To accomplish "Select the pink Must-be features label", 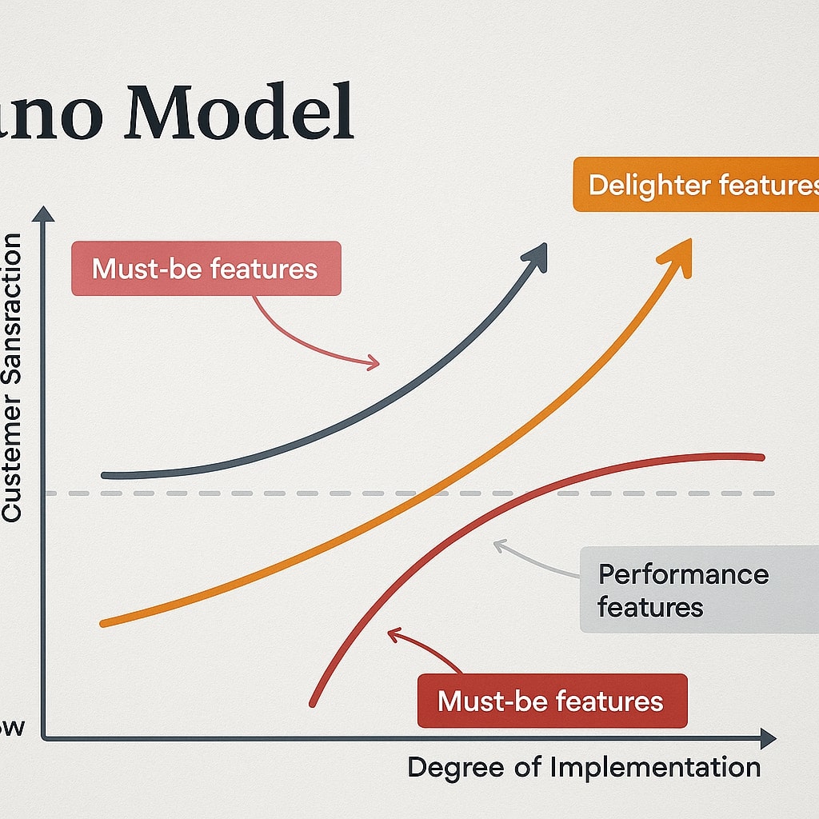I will tap(206, 269).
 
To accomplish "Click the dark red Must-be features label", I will tap(551, 701).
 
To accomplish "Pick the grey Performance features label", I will tap(684, 590).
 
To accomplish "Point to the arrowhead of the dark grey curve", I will tap(534, 257).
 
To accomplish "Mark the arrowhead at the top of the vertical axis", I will tap(42, 214).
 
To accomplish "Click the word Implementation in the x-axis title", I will tap(655, 768).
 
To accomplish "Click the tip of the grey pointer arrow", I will tap(495, 545).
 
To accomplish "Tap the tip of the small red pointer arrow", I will tap(390, 633).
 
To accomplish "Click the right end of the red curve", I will tap(761, 457).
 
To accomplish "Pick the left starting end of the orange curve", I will tap(102, 623).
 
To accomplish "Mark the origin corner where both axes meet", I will tap(43, 737).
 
